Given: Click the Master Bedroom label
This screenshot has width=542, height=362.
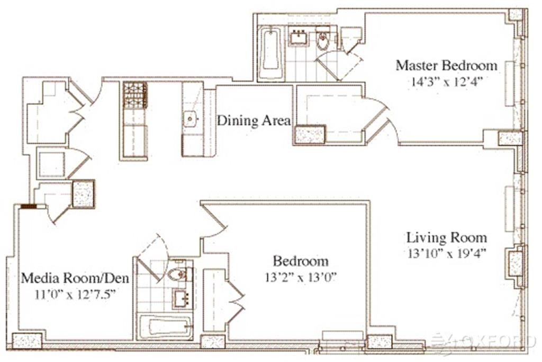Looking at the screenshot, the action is (x=446, y=65).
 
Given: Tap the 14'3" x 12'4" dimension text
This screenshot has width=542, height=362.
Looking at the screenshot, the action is (x=446, y=82).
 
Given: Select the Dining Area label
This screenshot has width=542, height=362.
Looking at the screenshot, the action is (x=254, y=121).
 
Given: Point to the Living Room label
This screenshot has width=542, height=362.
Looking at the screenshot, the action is (x=447, y=238).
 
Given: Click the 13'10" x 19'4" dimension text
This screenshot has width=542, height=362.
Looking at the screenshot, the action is (x=447, y=254).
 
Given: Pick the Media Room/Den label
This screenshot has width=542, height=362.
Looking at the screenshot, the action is (x=75, y=278).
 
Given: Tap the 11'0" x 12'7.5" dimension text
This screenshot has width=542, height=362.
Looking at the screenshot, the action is (x=75, y=295).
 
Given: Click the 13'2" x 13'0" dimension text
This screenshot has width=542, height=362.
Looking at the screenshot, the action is (x=301, y=277).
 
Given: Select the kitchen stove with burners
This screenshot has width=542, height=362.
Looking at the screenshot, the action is (x=135, y=95).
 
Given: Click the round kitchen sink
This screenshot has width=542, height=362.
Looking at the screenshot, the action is (x=190, y=119).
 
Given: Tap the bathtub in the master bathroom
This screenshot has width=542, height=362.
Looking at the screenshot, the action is (x=270, y=53).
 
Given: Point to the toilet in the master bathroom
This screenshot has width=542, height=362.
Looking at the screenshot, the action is (x=323, y=40).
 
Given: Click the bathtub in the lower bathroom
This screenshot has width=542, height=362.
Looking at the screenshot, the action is (x=166, y=326).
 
